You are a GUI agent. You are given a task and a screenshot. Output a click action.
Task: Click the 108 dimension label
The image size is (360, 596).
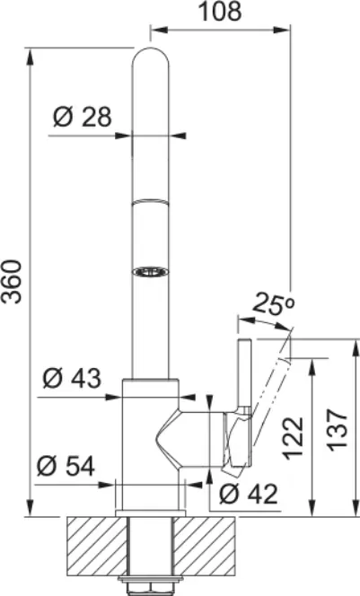[221, 12]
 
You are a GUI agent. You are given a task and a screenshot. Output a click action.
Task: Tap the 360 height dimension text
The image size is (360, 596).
[12, 282]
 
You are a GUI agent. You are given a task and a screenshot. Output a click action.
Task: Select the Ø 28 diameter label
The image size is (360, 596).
[83, 117]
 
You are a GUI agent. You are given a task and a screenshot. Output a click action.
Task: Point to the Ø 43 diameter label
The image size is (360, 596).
[72, 378]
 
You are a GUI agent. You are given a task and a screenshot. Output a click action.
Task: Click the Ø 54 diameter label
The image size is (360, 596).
[66, 466]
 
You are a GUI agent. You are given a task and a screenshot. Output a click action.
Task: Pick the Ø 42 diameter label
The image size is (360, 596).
[249, 495]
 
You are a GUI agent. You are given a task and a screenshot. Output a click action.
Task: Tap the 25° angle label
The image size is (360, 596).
[275, 303]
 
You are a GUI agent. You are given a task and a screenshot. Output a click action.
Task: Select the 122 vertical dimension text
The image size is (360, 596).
[294, 437]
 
